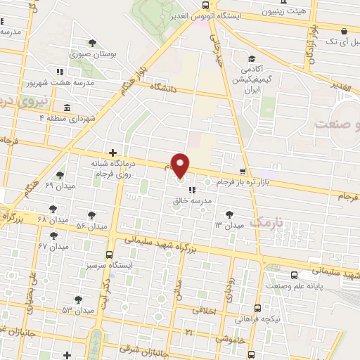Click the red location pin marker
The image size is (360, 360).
point(181,165)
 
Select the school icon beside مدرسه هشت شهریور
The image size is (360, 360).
point(60,72)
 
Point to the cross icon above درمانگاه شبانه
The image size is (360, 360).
point(112,153)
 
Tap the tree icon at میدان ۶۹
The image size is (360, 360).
point(60,175)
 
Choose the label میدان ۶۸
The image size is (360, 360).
point(53,220)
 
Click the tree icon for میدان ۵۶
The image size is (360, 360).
point(91,214)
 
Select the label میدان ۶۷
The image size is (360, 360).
point(53,246)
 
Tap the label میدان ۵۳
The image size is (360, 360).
point(77,310)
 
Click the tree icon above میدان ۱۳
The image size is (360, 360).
point(228,214)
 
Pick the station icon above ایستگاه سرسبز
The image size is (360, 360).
point(109,255)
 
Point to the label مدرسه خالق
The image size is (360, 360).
point(191,200)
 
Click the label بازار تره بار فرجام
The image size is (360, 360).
point(224,182)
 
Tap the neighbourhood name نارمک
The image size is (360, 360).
point(269,222)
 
